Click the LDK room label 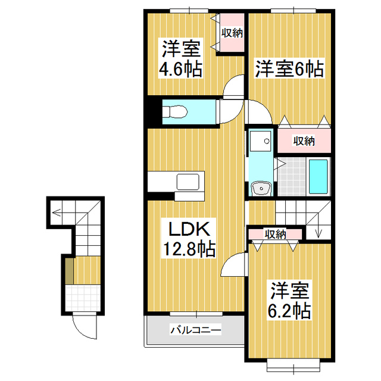click(185, 229)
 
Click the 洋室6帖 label click(289, 69)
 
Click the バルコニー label click(195, 329)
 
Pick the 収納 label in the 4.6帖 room click(232, 33)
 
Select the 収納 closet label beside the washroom click(304, 141)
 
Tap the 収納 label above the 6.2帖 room click(276, 234)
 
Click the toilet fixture click(173, 111)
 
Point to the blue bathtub click(319, 177)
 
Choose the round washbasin click(261, 188)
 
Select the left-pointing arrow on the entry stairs click(55, 210)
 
